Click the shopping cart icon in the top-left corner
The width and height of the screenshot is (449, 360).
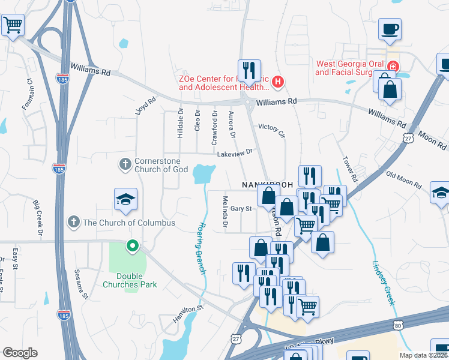pos(12,26)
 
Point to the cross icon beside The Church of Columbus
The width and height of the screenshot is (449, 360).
pos(74,223)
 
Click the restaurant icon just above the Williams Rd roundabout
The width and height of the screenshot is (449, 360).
pos(249,70)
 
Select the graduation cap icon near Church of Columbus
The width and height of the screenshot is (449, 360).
pos(125,199)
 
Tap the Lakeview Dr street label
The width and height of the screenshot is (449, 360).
pos(237,154)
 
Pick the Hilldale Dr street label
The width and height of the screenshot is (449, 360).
pos(180,123)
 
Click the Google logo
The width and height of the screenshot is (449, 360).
pos(20,353)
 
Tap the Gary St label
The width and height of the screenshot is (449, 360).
pos(240,209)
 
